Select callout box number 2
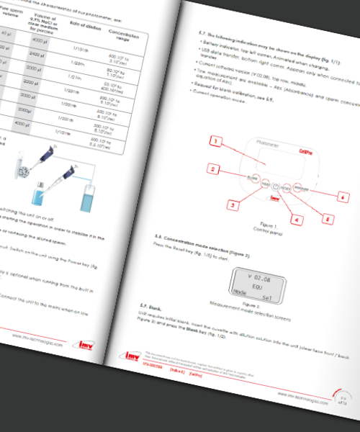(213, 170)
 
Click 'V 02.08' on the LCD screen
(258, 274)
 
